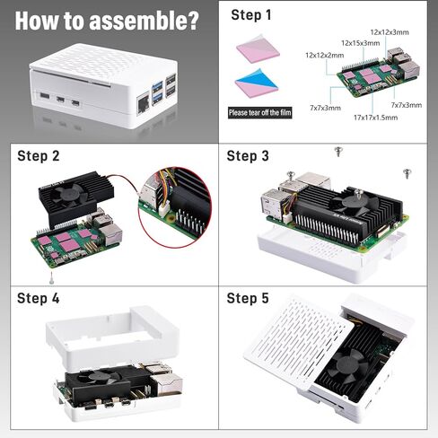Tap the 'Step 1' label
pyautogui.click(x=250, y=14)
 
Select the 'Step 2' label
pyautogui.click(x=39, y=156)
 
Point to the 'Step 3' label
pyautogui.click(x=248, y=156)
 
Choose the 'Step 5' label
pyautogui.click(x=248, y=298)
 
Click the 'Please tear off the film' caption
pyautogui.click(x=260, y=113)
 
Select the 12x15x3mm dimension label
pyautogui.click(x=359, y=42)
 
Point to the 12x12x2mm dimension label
pyautogui.click(x=324, y=55)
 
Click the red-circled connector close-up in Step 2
pyautogui.click(x=175, y=210)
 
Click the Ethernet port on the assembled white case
pyautogui.click(x=143, y=102)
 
